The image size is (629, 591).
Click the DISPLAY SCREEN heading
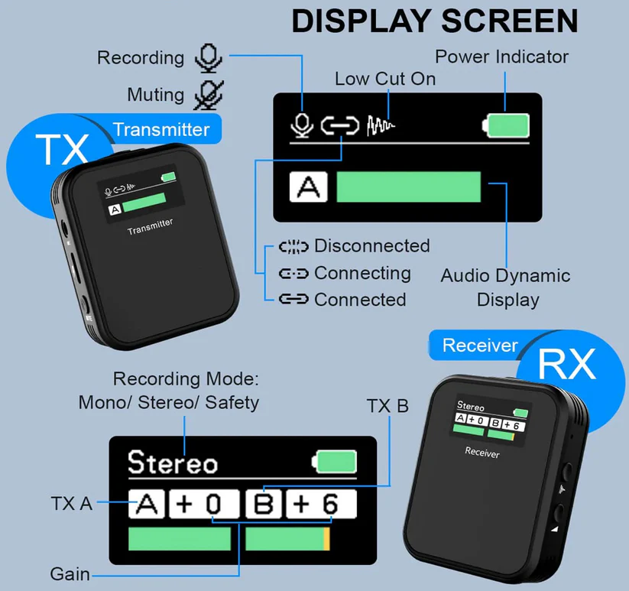coord(435,21)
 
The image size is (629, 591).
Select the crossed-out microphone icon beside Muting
coord(207,95)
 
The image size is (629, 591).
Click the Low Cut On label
coord(385,79)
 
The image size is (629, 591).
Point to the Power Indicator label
coord(501,57)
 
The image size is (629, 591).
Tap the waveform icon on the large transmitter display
coord(381,125)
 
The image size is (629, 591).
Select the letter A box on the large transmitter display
coord(307,187)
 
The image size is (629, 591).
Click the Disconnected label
coord(371,246)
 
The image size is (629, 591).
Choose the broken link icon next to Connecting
coord(293,274)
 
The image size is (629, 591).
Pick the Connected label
coord(359,300)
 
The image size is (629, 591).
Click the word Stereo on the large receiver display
coord(173,463)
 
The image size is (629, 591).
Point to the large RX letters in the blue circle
coord(566,365)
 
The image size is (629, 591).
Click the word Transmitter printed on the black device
coord(150,226)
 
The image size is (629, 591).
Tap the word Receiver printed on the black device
coord(482,453)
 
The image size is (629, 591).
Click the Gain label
coord(70,573)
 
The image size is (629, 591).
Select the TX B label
coord(388,406)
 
